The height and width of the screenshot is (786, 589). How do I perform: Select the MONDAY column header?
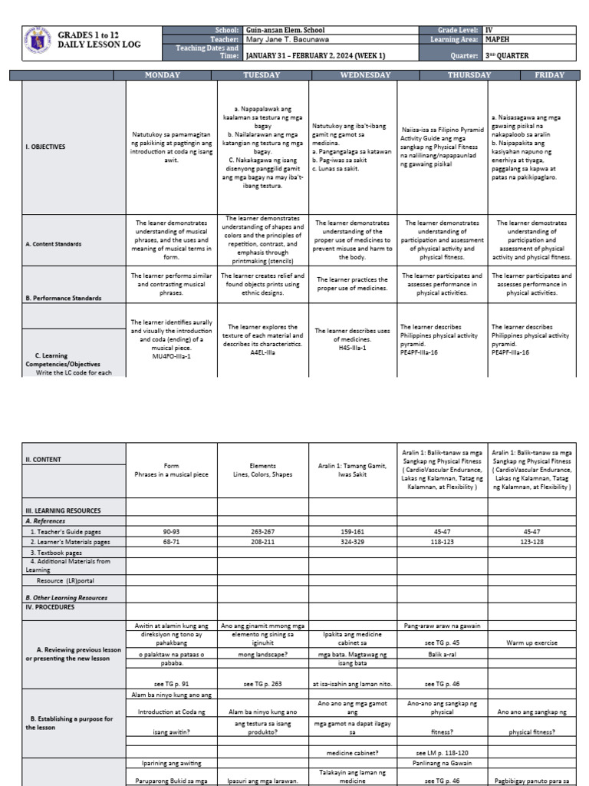(x=163, y=75)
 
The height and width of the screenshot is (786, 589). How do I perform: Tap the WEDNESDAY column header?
(x=365, y=75)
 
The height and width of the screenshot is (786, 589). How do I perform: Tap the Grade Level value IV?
(x=488, y=30)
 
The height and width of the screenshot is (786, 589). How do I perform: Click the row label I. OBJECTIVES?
(x=45, y=146)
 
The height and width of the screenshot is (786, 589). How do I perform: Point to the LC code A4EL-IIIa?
(x=263, y=353)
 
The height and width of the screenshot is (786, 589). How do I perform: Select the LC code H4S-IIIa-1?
(x=352, y=348)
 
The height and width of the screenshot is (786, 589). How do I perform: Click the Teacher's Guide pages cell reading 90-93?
(x=172, y=530)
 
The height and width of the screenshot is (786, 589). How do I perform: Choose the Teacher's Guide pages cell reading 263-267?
(x=263, y=530)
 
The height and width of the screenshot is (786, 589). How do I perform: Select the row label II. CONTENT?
(x=43, y=460)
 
